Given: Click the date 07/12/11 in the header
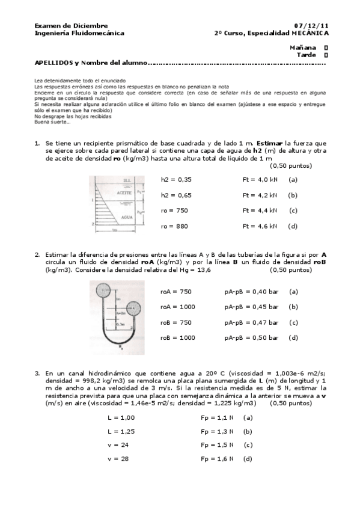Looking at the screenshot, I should [312, 26].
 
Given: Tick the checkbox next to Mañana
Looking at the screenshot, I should [326, 47].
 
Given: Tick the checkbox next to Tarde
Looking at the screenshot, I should [326, 55].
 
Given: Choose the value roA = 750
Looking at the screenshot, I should [175, 291].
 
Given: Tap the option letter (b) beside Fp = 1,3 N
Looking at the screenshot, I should [248, 431].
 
